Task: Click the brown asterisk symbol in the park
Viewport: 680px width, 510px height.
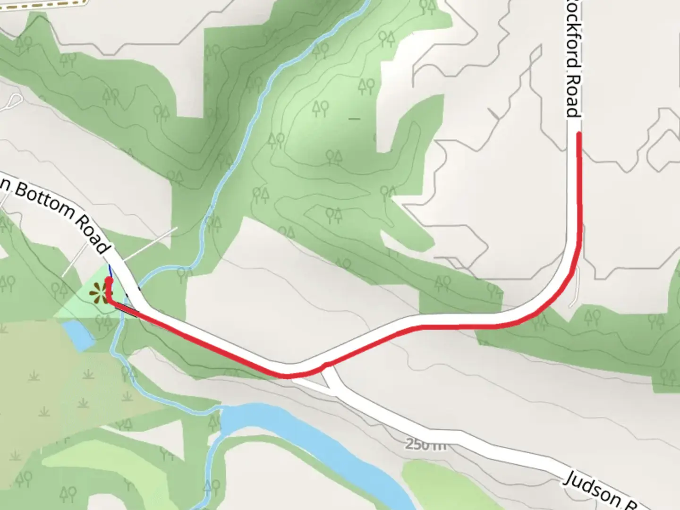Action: point(99,293)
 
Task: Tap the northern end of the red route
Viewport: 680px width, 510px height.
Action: point(578,135)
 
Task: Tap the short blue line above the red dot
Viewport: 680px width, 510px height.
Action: point(110,272)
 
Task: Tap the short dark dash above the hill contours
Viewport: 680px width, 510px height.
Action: point(354,118)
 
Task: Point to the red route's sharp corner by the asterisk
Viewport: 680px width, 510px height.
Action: point(109,301)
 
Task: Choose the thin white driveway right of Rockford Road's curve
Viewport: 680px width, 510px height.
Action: point(575,288)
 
